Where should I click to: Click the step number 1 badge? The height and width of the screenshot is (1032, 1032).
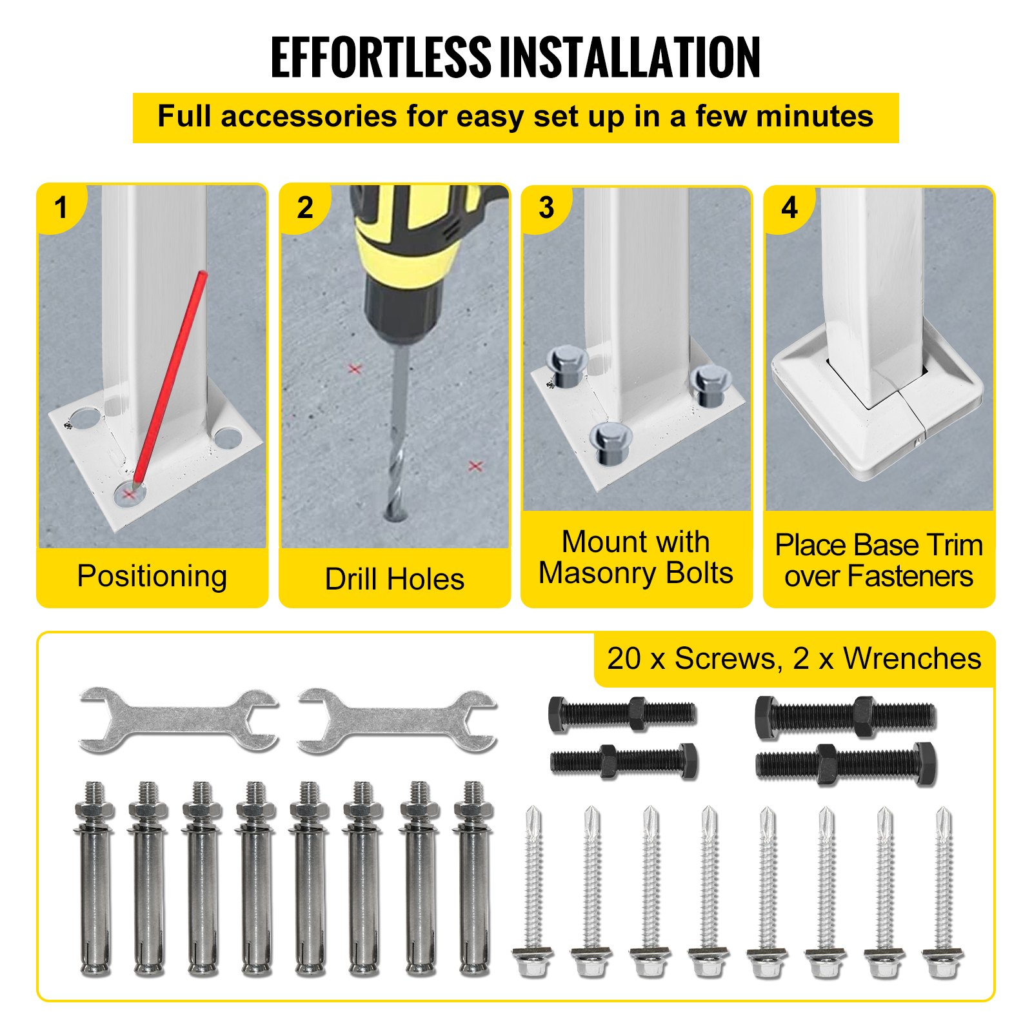pyautogui.click(x=61, y=208)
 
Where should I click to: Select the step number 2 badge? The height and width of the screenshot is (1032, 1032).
pyautogui.click(x=304, y=208)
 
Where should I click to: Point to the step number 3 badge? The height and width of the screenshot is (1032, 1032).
pyautogui.click(x=546, y=208)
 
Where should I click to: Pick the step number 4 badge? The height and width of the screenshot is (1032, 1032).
pyautogui.click(x=789, y=208)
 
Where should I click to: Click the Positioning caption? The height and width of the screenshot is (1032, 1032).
pyautogui.click(x=152, y=576)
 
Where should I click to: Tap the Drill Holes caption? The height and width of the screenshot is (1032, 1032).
pyautogui.click(x=395, y=579)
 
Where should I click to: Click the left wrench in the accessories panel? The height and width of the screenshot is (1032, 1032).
pyautogui.click(x=179, y=720)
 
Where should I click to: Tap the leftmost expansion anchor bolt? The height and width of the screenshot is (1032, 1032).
pyautogui.click(x=94, y=878)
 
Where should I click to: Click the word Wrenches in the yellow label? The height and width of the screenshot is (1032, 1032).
pyautogui.click(x=913, y=659)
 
